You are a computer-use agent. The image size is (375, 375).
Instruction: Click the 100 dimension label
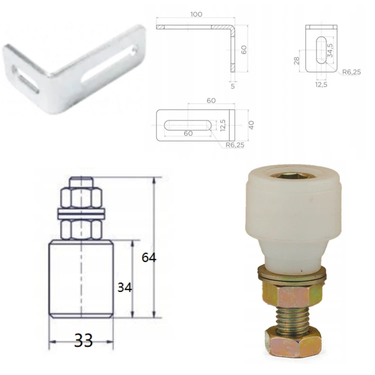point(196,14)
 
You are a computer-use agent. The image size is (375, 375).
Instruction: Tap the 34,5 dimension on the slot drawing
point(330,50)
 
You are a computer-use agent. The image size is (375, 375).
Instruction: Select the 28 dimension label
point(296,60)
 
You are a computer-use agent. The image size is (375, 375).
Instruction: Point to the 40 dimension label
point(251,125)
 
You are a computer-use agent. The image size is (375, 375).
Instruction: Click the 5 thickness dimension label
point(232,86)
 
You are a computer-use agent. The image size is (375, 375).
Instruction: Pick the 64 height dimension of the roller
point(149,257)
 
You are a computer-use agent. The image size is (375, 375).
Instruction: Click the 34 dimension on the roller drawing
point(124,287)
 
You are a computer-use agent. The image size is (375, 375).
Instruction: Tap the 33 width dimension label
point(83,340)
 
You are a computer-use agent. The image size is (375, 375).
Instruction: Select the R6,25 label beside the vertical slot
point(351,72)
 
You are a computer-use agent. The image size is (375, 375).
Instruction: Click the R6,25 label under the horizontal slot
point(235,145)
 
